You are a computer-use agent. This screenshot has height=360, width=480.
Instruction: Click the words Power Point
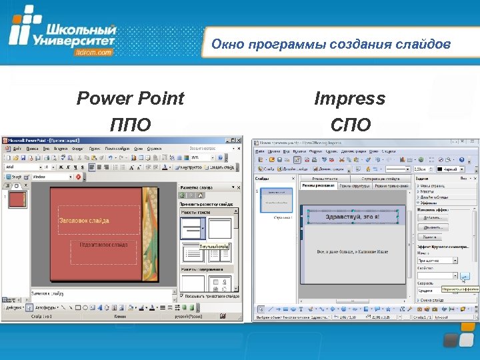130,99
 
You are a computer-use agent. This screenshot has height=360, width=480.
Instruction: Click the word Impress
349,99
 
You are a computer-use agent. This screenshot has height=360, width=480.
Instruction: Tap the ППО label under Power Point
131,125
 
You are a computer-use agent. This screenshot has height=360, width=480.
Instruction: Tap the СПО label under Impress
350,125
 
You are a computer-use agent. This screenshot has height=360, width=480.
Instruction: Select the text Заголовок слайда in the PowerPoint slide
84,221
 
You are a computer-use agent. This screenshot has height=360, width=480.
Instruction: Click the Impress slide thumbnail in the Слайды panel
275,200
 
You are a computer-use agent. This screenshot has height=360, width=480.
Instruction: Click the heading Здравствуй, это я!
351,217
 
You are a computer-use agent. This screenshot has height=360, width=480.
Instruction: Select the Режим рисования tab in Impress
317,185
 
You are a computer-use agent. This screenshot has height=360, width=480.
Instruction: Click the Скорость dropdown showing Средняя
437,290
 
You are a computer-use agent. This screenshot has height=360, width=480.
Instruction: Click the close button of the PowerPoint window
238,141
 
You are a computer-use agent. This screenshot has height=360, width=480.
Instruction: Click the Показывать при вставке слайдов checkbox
181,295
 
